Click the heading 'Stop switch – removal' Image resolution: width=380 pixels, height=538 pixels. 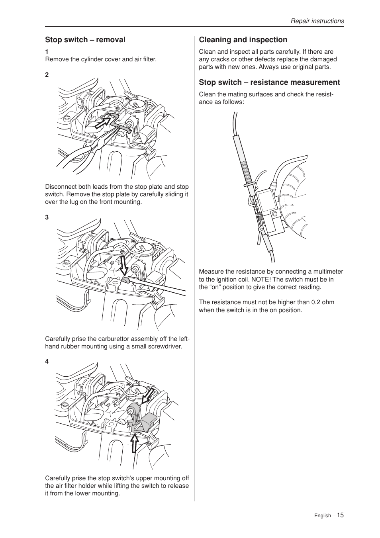coord(85,40)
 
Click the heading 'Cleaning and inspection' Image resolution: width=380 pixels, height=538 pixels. coord(243,40)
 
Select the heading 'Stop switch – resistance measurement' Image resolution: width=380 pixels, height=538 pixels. coord(269,82)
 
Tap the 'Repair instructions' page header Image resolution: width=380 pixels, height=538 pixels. coord(317,21)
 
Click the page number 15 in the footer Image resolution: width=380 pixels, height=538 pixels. coord(340,515)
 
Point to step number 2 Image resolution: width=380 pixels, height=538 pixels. coord(47,75)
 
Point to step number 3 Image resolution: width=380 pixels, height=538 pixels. coord(47,217)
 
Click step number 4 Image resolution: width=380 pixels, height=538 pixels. coord(47,362)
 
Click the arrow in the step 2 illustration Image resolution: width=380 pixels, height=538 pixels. coord(104,122)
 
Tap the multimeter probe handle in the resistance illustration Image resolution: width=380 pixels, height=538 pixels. coord(244,159)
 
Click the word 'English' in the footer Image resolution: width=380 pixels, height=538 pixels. coord(322,516)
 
